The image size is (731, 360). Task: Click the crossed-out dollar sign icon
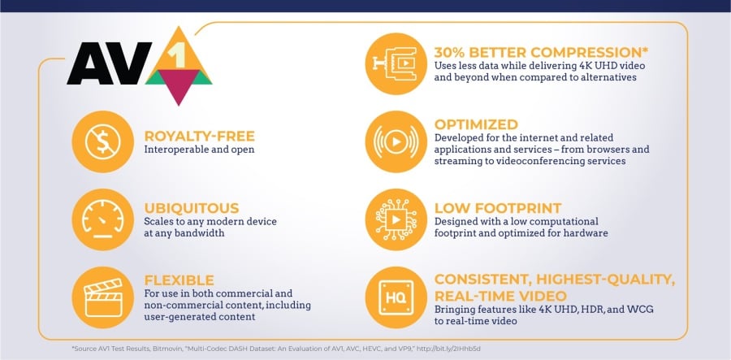tap(103, 141)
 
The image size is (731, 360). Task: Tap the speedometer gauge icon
tap(103, 219)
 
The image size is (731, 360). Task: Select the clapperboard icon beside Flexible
tap(103, 297)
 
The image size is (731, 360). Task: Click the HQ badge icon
tap(396, 297)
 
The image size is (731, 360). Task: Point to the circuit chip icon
tap(396, 219)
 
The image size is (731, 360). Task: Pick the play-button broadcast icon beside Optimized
tap(396, 141)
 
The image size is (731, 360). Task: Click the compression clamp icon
tap(396, 64)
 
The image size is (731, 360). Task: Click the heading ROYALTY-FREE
tap(200, 137)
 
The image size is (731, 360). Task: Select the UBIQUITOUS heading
tap(192, 208)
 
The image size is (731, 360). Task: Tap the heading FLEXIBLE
tap(179, 280)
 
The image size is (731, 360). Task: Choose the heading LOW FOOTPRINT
tap(498, 208)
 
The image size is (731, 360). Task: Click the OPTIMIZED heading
tap(476, 125)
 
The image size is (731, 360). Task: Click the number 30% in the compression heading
tap(452, 52)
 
